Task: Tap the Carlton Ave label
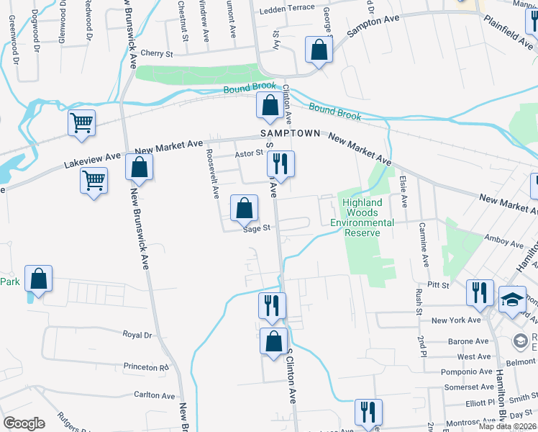pyautogui.click(x=154, y=395)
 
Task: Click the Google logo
pyautogui.click(x=23, y=423)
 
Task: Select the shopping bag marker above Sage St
pyautogui.click(x=245, y=208)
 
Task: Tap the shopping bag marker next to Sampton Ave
pyautogui.click(x=319, y=50)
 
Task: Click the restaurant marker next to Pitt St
pyautogui.click(x=478, y=292)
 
